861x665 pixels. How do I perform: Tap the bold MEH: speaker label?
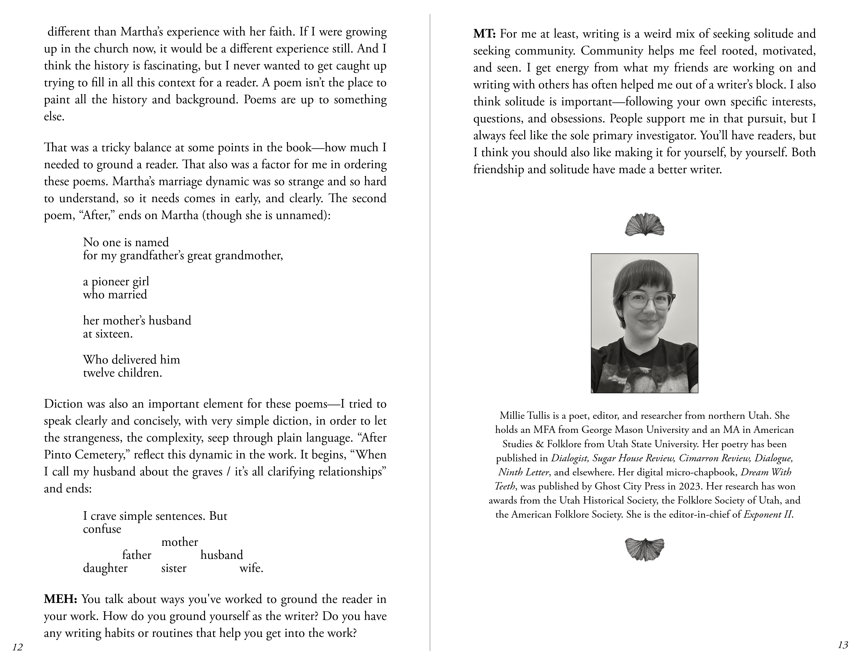click(x=60, y=599)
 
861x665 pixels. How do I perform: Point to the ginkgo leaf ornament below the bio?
click(x=644, y=549)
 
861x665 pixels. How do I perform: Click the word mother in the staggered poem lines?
click(x=180, y=542)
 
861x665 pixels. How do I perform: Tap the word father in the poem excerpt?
click(x=136, y=555)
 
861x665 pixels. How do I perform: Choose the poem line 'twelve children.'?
click(x=123, y=373)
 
